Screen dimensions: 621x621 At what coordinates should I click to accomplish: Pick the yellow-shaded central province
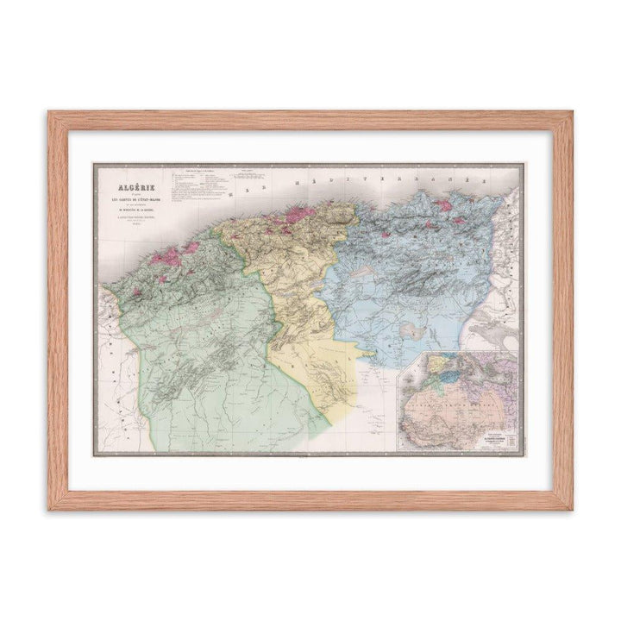pyautogui.click(x=302, y=302)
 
